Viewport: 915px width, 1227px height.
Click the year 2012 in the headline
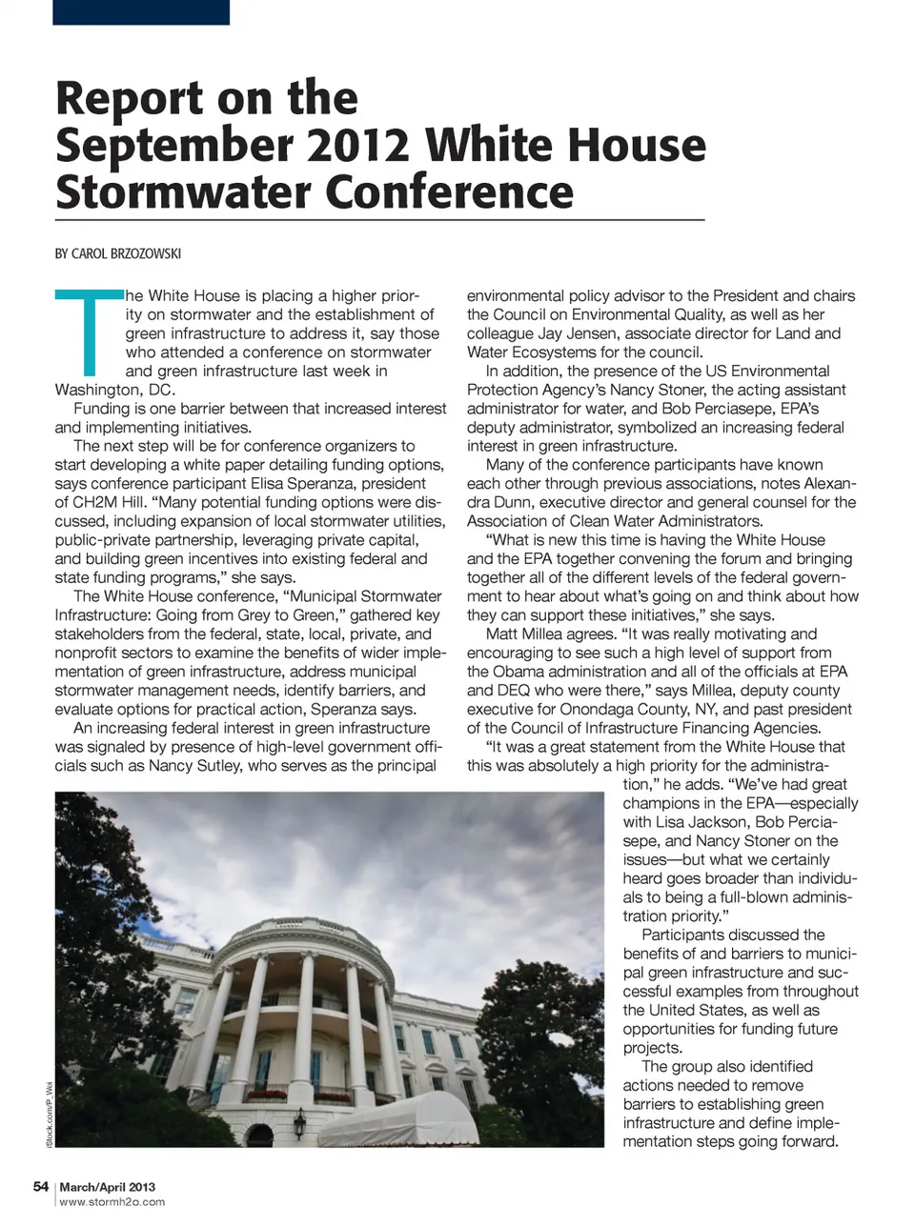click(354, 145)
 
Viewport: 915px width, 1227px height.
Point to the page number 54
click(41, 1187)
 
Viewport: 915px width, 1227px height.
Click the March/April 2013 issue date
click(107, 1187)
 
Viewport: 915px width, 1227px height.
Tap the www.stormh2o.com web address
click(112, 1202)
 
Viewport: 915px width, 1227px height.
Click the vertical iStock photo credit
click(50, 1115)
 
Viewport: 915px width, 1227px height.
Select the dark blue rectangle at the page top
click(141, 11)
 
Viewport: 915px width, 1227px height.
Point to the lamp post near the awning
click(301, 1121)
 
